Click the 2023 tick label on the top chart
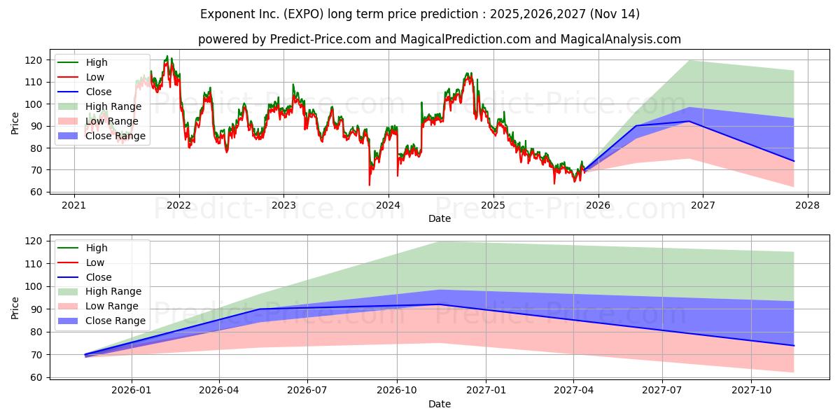(x=283, y=204)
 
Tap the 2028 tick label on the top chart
(x=807, y=204)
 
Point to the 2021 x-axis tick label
(x=74, y=204)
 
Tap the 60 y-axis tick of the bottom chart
(x=39, y=377)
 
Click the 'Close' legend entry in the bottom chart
(x=98, y=277)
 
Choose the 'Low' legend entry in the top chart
(x=95, y=77)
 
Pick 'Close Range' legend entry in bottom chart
(x=115, y=321)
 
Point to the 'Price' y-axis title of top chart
(x=15, y=124)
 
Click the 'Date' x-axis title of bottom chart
(x=439, y=404)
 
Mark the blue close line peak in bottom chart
(x=439, y=304)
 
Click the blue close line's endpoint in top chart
(x=794, y=161)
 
